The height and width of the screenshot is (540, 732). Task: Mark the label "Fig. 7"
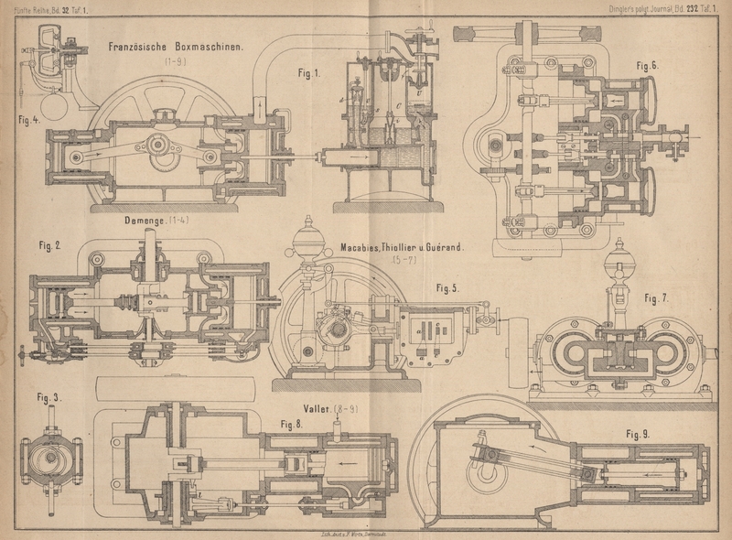click(293, 423)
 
